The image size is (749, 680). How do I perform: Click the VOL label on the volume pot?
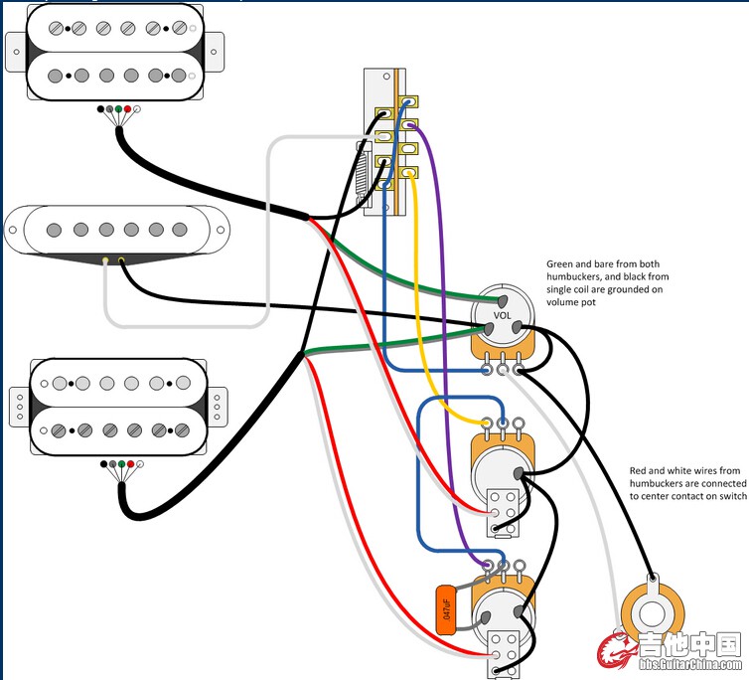(502, 316)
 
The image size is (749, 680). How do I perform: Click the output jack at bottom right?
(651, 617)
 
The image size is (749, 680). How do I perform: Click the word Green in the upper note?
(561, 265)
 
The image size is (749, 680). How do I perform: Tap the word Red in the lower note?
(642, 470)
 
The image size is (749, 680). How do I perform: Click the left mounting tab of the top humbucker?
(15, 46)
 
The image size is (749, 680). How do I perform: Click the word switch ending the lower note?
(728, 497)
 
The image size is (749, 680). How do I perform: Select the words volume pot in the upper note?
(573, 301)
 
